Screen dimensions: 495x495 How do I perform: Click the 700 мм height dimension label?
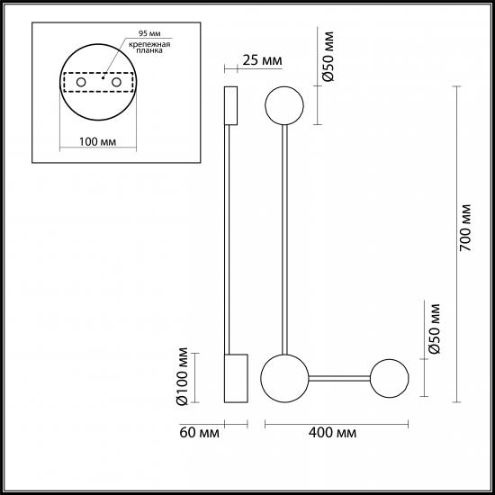465,228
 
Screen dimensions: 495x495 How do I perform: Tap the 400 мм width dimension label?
332,433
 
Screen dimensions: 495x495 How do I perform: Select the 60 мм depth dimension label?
199,433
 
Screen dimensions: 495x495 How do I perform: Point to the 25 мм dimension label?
262,60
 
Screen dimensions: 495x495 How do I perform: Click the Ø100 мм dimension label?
183,376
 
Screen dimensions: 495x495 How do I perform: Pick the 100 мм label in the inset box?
97,141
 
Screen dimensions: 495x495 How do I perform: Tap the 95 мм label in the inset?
149,33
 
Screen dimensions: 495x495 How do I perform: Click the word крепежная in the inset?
149,44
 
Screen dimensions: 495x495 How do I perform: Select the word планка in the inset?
149,50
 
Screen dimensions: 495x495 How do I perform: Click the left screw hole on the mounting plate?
81,83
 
